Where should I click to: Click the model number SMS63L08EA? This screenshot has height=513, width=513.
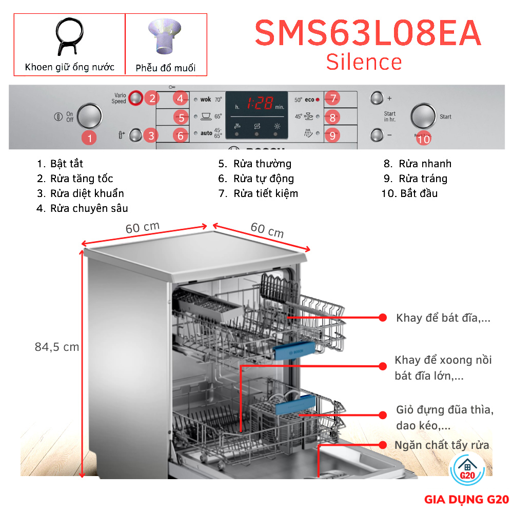pos(368,34)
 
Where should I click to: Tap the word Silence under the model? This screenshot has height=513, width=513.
pos(364,62)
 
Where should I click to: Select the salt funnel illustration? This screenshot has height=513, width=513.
pos(165,37)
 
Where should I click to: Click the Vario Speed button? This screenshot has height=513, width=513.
pos(135,97)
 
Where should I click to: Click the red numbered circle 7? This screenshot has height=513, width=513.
pos(332,98)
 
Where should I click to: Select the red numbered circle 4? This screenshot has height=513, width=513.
pos(181,98)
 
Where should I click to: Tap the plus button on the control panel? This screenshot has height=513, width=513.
pos(377,97)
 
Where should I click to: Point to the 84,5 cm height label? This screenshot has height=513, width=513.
pos(57,347)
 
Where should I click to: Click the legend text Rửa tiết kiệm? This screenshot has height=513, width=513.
pos(265,193)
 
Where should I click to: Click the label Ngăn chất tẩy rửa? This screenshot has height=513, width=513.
pos(442,445)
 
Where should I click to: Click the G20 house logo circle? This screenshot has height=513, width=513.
pos(467,470)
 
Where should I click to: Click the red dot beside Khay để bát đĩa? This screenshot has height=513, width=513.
pos(382,318)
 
